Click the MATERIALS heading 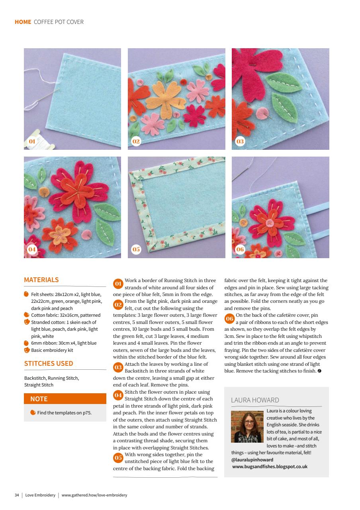(41, 280)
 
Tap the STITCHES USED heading (49, 363)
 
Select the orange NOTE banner (65, 399)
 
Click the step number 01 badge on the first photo (32, 141)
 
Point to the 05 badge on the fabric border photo (136, 249)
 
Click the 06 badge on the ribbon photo (240, 249)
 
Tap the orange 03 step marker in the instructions (118, 367)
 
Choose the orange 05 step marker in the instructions (118, 457)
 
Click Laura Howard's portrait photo (247, 427)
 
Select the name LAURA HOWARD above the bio (255, 400)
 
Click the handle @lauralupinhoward (251, 459)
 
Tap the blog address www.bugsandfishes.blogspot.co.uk (270, 467)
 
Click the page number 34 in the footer (17, 495)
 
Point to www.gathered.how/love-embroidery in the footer (94, 495)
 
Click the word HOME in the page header (23, 22)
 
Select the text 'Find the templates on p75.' (64, 413)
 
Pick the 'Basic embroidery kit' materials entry (52, 350)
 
